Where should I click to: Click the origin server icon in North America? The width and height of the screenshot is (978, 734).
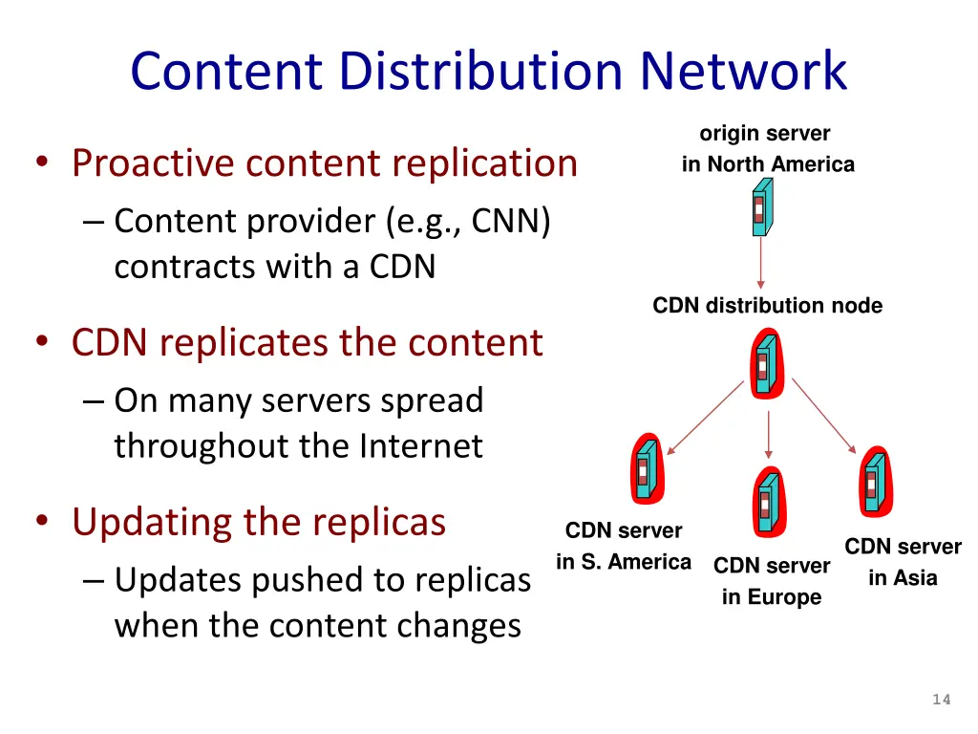tap(760, 208)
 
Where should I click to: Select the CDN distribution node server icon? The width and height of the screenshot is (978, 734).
tap(763, 361)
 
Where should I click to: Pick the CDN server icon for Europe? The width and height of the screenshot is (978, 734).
tap(766, 500)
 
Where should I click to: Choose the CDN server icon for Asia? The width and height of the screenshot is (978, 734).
tap(872, 480)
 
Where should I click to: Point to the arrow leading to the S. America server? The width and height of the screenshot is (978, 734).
tap(706, 416)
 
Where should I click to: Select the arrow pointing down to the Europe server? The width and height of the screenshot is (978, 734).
tap(770, 436)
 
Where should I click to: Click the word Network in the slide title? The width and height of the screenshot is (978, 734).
tap(744, 71)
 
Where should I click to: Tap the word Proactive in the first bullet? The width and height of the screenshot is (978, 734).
tap(152, 162)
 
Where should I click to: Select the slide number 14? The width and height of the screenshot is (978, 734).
tap(942, 700)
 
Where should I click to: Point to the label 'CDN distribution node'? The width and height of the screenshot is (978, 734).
tap(767, 306)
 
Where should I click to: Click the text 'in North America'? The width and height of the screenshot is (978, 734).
tap(768, 164)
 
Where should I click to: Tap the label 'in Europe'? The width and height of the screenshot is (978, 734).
tap(771, 597)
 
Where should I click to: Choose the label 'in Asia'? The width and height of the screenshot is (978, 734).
tap(903, 578)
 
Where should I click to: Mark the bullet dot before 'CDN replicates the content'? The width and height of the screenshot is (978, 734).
tap(44, 342)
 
